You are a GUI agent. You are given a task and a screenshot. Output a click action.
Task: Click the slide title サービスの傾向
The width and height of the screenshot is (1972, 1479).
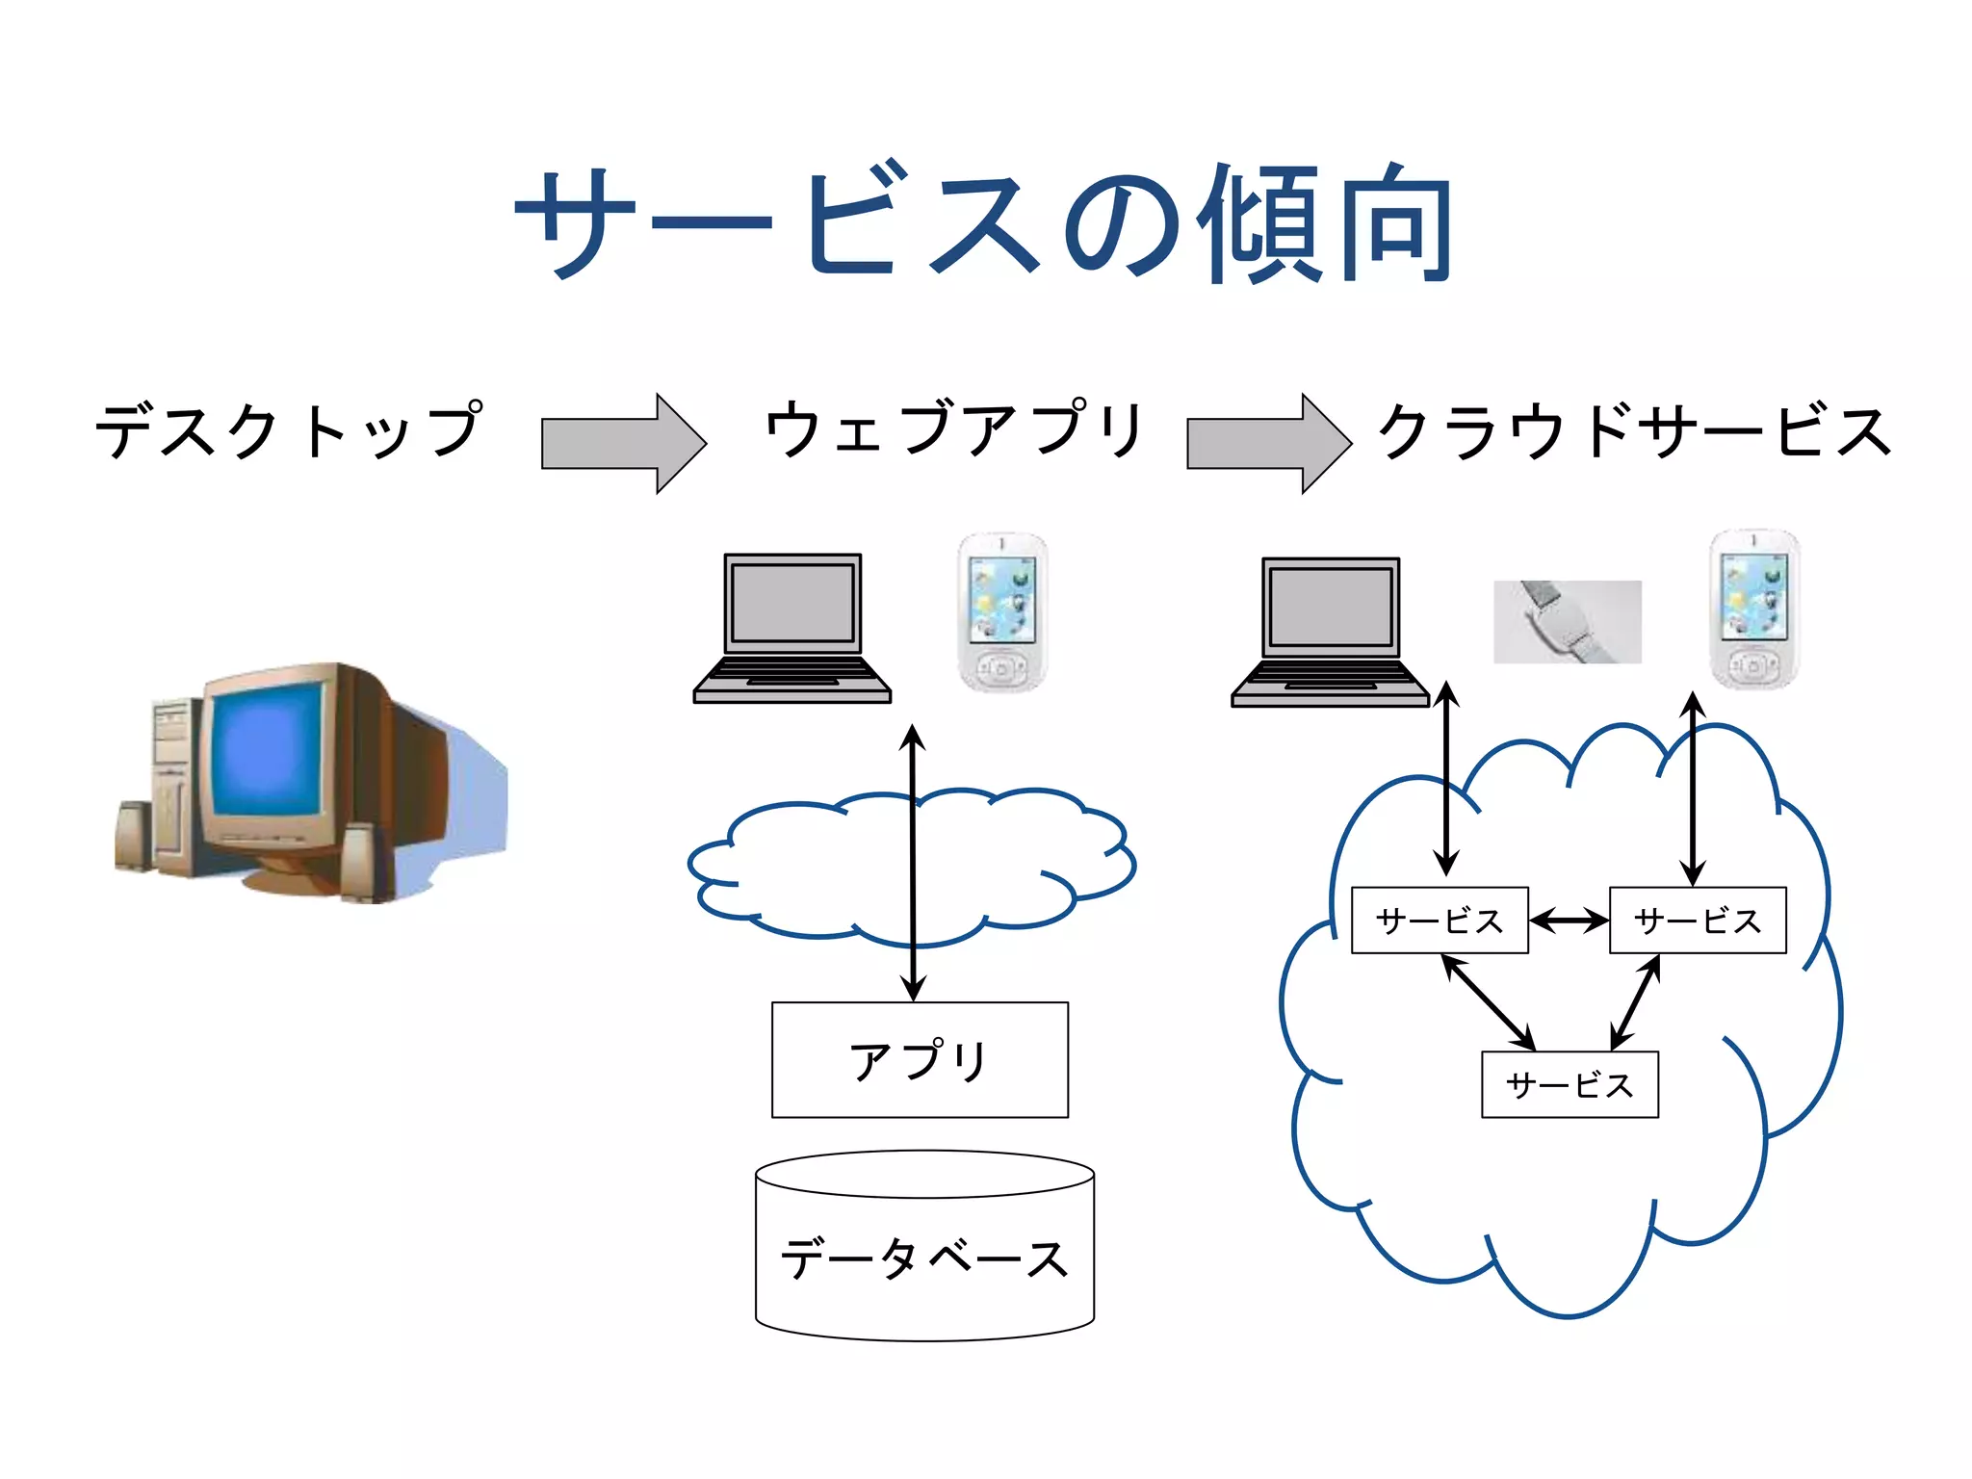[x=984, y=223]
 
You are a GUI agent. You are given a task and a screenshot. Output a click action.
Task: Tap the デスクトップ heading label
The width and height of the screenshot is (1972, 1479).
[x=289, y=430]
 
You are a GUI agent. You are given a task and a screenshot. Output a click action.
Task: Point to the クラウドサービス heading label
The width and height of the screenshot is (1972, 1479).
[x=1634, y=430]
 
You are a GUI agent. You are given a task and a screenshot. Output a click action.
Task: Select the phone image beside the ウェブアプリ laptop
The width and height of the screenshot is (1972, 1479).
[x=1002, y=611]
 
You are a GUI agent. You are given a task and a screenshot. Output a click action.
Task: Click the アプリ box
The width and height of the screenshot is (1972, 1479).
[x=920, y=1059]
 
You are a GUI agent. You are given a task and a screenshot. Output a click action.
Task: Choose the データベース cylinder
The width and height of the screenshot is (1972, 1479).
[x=924, y=1252]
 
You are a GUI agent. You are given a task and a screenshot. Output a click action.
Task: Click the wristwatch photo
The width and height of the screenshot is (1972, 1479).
[x=1567, y=621]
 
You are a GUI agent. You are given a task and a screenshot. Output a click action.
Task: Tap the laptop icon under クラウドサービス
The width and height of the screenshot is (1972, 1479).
[x=1330, y=631]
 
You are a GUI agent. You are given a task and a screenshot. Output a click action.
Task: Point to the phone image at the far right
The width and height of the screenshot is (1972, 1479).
[x=1753, y=609]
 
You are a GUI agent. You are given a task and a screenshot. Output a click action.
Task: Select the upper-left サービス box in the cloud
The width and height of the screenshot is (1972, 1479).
[x=1440, y=921]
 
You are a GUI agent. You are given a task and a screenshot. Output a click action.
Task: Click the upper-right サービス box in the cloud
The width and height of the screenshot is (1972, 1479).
[x=1698, y=921]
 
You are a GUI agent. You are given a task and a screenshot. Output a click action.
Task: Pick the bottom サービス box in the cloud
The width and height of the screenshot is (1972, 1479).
[x=1570, y=1084]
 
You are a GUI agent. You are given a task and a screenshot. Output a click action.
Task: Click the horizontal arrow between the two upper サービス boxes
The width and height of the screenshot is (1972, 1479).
[x=1569, y=921]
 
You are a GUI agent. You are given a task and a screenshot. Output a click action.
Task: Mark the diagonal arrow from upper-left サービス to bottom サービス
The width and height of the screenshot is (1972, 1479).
[x=1489, y=1002]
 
